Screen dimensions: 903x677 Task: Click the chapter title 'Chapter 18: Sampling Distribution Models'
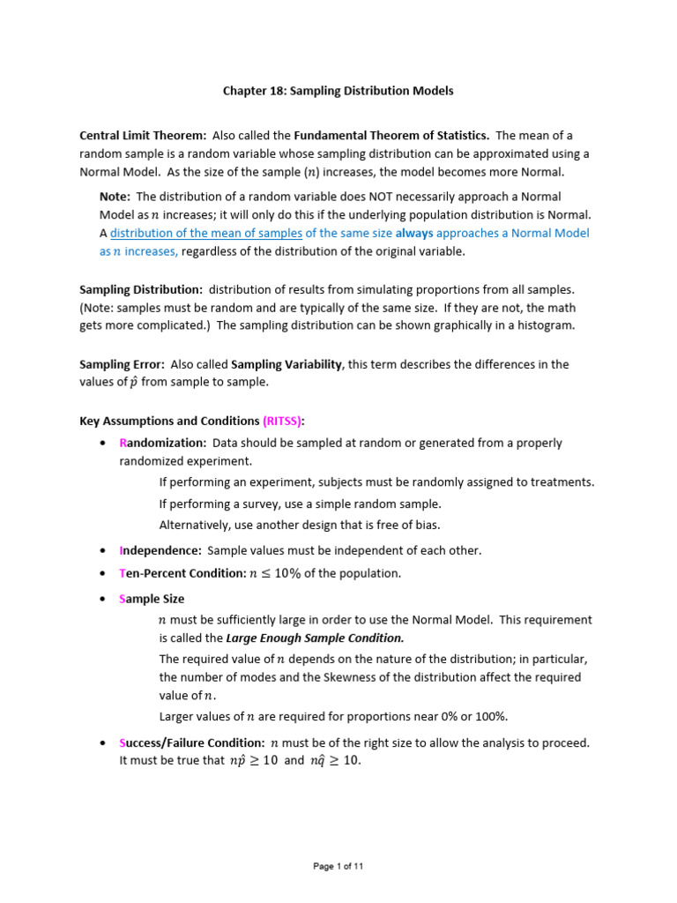coord(338,91)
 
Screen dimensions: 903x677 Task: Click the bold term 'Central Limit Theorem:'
coord(143,135)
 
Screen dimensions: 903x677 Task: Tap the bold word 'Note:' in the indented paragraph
coord(115,197)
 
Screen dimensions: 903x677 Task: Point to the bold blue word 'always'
coord(413,234)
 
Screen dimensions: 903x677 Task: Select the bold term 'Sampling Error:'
coord(122,364)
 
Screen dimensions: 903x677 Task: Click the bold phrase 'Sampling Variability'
coord(286,364)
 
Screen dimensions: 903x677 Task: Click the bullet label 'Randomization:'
coord(162,443)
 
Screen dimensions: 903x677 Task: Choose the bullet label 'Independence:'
coord(160,550)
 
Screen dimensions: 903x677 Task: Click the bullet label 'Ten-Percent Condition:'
coord(181,573)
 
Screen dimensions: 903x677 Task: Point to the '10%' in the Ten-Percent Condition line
coord(285,573)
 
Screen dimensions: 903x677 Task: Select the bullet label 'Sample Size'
coord(152,599)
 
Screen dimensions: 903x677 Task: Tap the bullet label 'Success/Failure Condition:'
coord(191,743)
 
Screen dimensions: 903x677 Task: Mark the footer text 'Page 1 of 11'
coord(338,866)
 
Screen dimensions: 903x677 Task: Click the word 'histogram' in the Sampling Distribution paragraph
coord(547,325)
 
